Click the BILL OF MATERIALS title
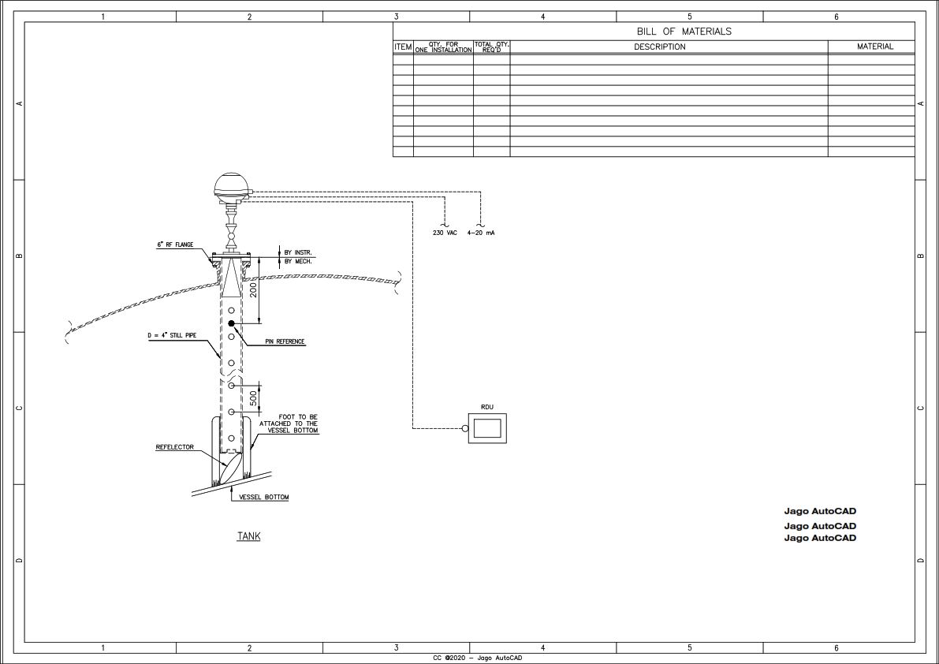coord(684,32)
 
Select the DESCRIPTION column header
coord(660,47)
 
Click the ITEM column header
coord(403,47)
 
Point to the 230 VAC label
coord(445,233)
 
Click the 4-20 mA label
coord(481,233)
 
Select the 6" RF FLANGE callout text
coord(174,245)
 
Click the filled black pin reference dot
coord(231,324)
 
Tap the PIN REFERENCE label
coord(285,342)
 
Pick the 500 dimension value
coord(253,398)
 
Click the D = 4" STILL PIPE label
coord(171,336)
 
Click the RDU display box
coord(487,428)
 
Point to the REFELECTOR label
coord(174,447)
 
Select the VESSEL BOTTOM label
coord(263,498)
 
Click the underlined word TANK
coord(248,536)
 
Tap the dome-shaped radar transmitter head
coord(232,186)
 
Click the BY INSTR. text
coord(298,252)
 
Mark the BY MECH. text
coord(298,261)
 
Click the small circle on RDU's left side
coord(465,429)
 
